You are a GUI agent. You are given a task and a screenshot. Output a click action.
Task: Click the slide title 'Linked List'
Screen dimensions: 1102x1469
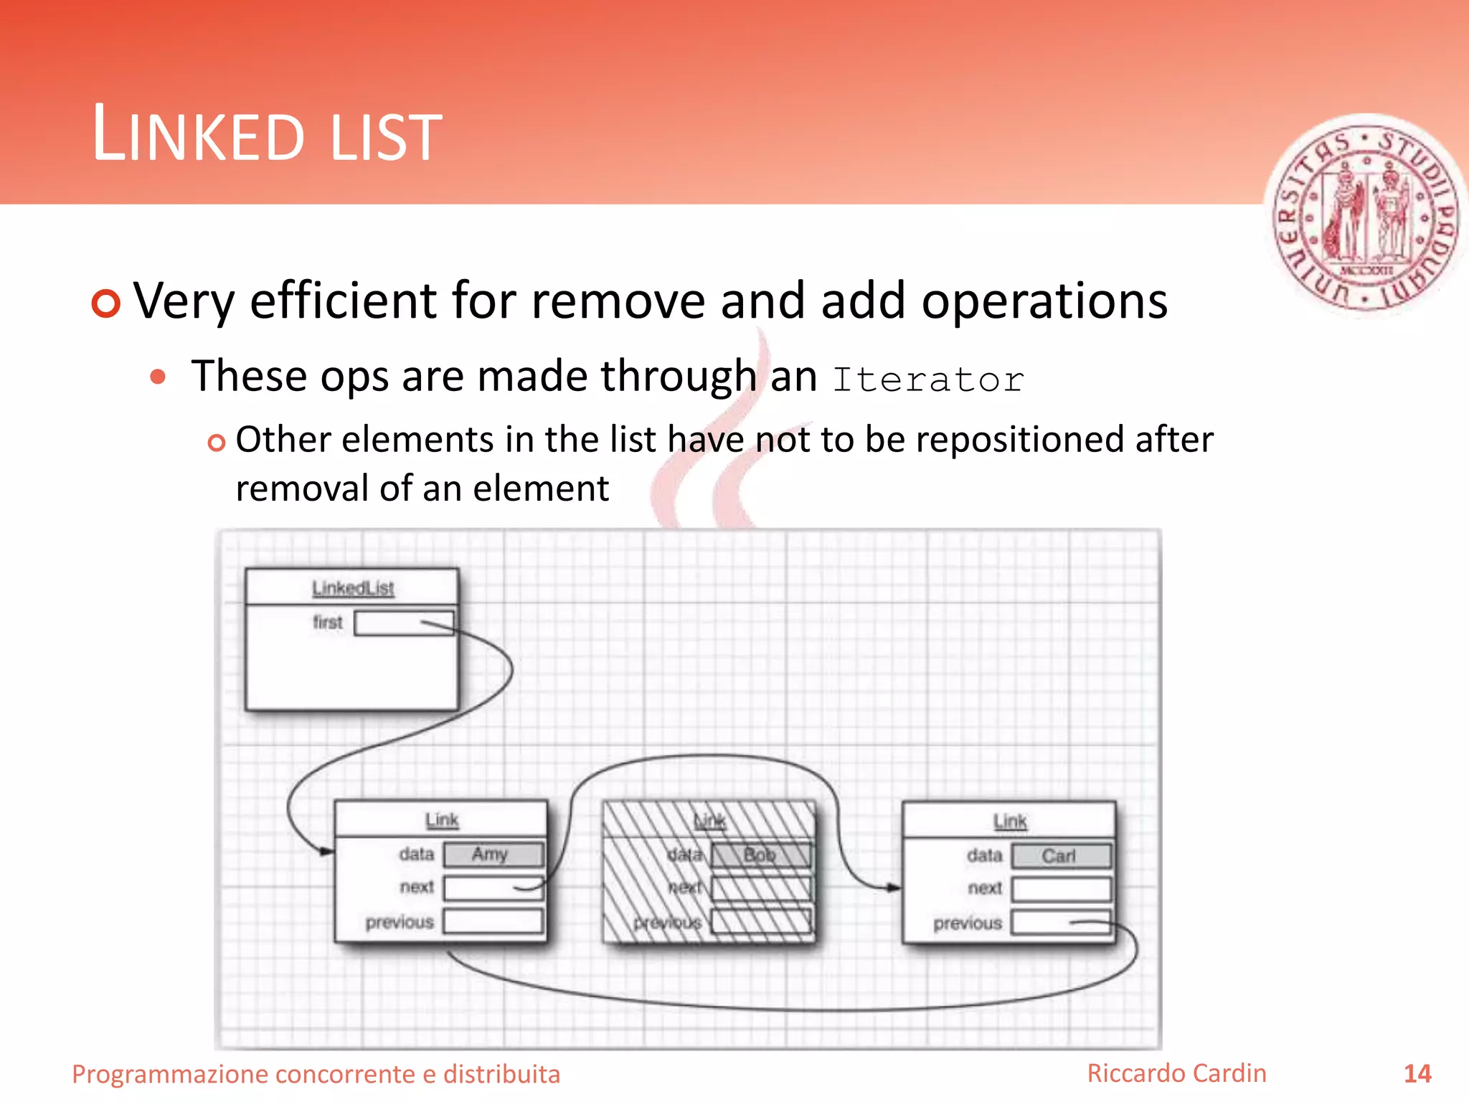coord(267,134)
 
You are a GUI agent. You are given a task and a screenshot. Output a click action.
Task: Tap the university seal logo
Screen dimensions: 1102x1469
coord(1366,215)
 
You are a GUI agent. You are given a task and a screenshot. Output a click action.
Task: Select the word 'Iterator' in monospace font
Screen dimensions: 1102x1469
coord(928,380)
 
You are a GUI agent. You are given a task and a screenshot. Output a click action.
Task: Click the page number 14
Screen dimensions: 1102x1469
coord(1417,1074)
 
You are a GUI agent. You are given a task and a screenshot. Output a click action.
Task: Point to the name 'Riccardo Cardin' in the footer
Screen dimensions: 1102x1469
coord(1176,1073)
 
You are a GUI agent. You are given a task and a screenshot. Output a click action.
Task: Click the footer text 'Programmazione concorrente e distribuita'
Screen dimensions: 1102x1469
coord(316,1074)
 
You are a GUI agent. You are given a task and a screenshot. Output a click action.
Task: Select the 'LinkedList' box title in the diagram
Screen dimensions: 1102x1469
coord(353,588)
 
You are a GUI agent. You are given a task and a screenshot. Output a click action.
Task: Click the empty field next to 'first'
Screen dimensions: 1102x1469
coord(404,623)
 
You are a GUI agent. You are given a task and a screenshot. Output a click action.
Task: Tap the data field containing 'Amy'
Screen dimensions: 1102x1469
coord(493,854)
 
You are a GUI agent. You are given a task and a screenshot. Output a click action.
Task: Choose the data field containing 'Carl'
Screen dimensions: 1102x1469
coord(1061,856)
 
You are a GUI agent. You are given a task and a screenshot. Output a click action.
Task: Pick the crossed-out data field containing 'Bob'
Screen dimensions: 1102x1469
coord(761,855)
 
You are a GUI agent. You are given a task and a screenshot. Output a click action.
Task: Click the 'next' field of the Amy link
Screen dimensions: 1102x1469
coord(493,887)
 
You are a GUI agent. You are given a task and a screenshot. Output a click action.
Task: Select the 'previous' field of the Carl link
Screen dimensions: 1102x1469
coord(1061,923)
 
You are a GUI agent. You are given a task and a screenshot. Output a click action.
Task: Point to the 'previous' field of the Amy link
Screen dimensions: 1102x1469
coord(493,921)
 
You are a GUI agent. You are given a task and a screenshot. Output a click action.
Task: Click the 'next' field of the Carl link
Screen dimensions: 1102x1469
coord(1061,889)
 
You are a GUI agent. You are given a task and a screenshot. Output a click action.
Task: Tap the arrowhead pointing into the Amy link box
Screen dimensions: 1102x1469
coord(327,852)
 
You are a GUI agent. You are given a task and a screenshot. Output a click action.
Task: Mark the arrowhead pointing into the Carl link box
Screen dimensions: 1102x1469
coord(894,887)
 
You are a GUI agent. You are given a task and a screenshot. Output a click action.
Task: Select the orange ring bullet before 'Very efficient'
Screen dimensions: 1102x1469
coord(106,303)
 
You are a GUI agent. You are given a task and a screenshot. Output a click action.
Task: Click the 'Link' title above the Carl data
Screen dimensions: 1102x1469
coord(1010,821)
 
